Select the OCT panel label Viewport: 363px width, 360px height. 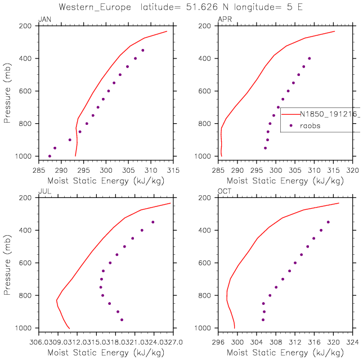pyautogui.click(x=223, y=192)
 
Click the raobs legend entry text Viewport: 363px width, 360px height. pyautogui.click(x=310, y=125)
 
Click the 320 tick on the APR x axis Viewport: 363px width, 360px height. pyautogui.click(x=353, y=169)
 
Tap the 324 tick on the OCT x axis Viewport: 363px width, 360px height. pyautogui.click(x=353, y=340)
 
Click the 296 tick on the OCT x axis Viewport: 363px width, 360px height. pyautogui.click(x=218, y=340)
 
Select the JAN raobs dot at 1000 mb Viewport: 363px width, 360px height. pyautogui.click(x=50, y=156)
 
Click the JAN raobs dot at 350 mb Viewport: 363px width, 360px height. pyautogui.click(x=143, y=50)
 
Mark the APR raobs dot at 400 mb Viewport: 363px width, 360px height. pyautogui.click(x=309, y=58)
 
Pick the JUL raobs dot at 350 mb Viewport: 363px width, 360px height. pyautogui.click(x=153, y=222)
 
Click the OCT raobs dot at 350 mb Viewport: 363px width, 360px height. pyautogui.click(x=328, y=222)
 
